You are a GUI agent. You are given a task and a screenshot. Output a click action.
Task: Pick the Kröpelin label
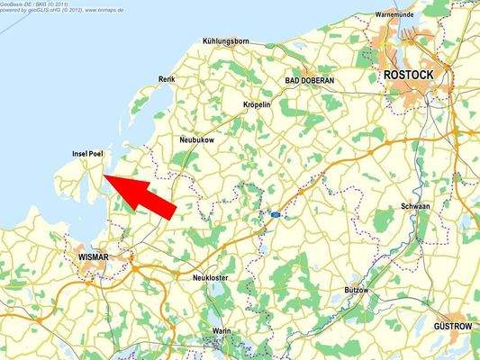pos(258,105)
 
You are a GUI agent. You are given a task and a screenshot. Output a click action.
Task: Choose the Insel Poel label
pos(88,155)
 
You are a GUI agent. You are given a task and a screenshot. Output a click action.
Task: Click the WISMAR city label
pos(88,257)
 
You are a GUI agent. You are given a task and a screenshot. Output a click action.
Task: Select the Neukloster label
pos(212,278)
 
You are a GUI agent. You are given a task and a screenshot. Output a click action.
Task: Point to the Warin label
pos(222,331)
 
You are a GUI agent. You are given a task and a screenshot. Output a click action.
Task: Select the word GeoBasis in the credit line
pos(13,4)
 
